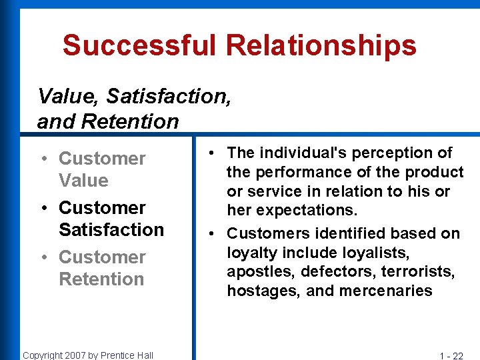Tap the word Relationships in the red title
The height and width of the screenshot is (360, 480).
pos(321,45)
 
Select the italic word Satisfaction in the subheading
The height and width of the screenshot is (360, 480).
pos(168,97)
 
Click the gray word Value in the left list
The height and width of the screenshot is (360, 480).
pos(83,181)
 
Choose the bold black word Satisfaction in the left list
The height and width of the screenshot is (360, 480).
pos(111,230)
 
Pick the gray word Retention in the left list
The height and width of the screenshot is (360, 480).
pos(101,279)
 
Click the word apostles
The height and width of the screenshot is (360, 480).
pos(261,272)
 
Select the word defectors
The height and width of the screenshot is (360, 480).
pos(331,272)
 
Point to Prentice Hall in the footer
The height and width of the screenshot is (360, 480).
pos(128,355)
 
